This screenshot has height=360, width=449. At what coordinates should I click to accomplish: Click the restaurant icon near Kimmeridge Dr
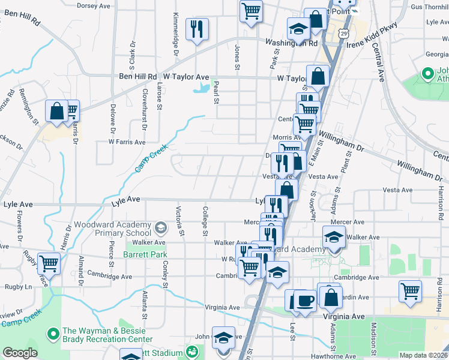197,29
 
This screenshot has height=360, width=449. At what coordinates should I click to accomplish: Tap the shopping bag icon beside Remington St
56,111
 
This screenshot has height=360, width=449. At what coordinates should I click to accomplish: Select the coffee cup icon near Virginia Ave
304,300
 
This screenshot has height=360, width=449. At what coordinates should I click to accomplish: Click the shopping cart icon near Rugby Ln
49,263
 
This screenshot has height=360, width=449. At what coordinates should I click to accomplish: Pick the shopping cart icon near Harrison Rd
410,291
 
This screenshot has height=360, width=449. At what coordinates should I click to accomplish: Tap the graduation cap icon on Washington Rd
297,29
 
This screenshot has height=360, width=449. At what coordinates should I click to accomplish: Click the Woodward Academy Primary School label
112,229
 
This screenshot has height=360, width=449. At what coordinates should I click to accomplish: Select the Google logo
20,353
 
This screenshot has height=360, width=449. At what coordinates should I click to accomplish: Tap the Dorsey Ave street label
94,5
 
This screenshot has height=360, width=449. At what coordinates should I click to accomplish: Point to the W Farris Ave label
127,142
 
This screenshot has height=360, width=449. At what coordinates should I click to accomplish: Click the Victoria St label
178,220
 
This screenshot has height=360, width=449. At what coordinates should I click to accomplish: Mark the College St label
205,220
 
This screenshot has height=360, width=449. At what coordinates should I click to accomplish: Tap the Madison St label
373,338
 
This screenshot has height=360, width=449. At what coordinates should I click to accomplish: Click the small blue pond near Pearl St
202,89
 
